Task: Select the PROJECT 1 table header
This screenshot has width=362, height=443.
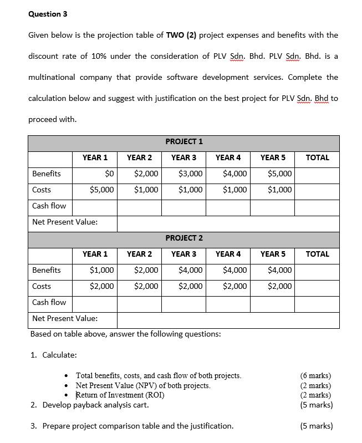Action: point(183,141)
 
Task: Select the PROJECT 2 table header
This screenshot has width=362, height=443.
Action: point(183,238)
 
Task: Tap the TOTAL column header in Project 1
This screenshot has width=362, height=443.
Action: point(317,157)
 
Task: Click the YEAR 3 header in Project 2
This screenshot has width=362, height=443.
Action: point(183,254)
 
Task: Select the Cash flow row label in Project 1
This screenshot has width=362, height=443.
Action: point(49,206)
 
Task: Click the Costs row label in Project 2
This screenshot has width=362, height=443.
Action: point(42,286)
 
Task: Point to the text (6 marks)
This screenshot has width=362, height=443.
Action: point(315,375)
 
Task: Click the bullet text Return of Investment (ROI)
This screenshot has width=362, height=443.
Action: point(120,395)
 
